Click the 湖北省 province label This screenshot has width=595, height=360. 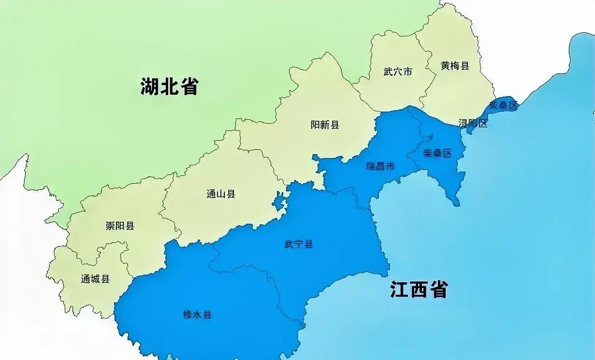(169, 86)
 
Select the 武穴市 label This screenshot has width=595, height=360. (398, 72)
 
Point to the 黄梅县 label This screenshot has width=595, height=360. (455, 66)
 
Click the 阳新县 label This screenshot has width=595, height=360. (325, 125)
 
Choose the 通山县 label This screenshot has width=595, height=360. (221, 194)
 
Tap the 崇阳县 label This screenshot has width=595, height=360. (120, 226)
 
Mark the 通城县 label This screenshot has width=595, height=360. (95, 279)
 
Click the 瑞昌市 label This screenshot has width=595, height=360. (380, 166)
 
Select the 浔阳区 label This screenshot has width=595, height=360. (473, 123)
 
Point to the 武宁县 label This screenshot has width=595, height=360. (298, 244)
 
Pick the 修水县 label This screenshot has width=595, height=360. (197, 314)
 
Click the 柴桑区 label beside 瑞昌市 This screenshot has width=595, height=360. (437, 153)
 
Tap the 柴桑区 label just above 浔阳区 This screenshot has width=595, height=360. (503, 105)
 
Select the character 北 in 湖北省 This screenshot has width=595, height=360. (169, 86)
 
